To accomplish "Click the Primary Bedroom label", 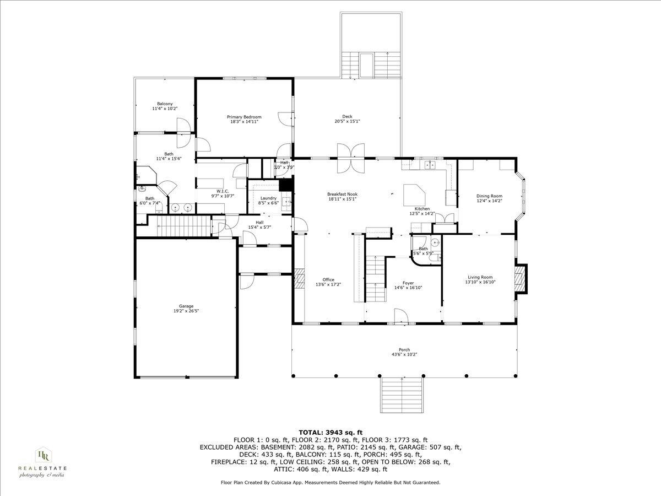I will [x=244, y=117].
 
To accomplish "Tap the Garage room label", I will [x=186, y=306].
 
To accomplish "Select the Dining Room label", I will [x=489, y=196].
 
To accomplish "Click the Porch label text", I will [x=404, y=350].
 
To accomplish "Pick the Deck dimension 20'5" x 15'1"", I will [x=347, y=121].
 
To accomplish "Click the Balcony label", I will [x=165, y=104].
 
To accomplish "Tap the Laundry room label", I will [x=268, y=198].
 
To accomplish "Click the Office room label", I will [x=328, y=279].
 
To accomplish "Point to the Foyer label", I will [x=408, y=283].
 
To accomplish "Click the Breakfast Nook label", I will [x=342, y=194].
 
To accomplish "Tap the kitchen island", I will [x=414, y=195].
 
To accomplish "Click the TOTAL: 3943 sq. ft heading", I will [x=330, y=432].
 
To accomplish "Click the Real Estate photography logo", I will [x=42, y=462].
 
